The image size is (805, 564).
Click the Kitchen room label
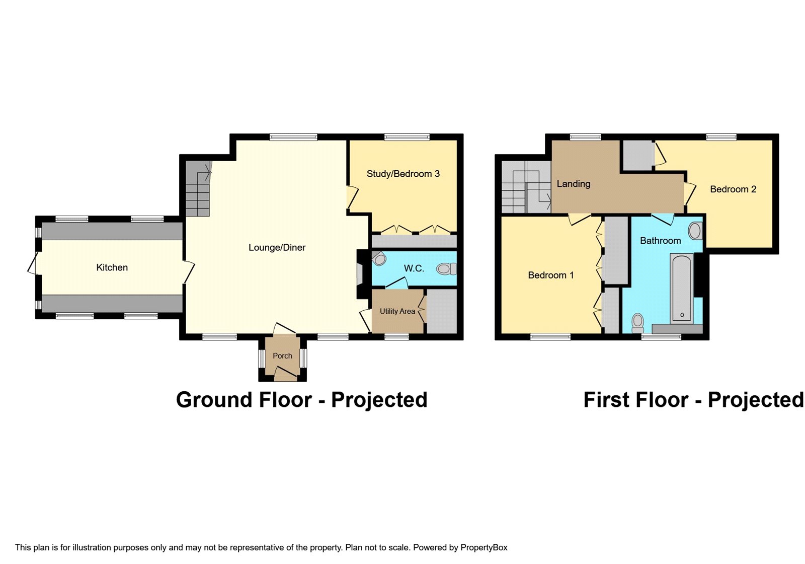[112, 267]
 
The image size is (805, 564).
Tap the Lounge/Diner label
[277, 247]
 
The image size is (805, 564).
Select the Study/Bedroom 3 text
[403, 174]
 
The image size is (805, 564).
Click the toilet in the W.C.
[446, 269]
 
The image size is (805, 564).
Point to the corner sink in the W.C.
[379, 258]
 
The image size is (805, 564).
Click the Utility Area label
[397, 311]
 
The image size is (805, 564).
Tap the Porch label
[282, 356]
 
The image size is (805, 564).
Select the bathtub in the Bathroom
[682, 288]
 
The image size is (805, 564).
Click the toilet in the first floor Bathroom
[638, 323]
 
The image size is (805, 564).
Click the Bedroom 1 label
[550, 275]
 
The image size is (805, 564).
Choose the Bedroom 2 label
[733, 189]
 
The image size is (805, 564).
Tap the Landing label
[573, 184]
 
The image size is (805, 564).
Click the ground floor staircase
[198, 188]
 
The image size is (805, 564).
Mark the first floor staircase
[526, 187]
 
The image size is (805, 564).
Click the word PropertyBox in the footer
[484, 547]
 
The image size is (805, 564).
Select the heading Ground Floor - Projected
[301, 400]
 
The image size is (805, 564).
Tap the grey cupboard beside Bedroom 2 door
[638, 155]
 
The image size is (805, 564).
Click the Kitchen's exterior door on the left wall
[33, 264]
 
